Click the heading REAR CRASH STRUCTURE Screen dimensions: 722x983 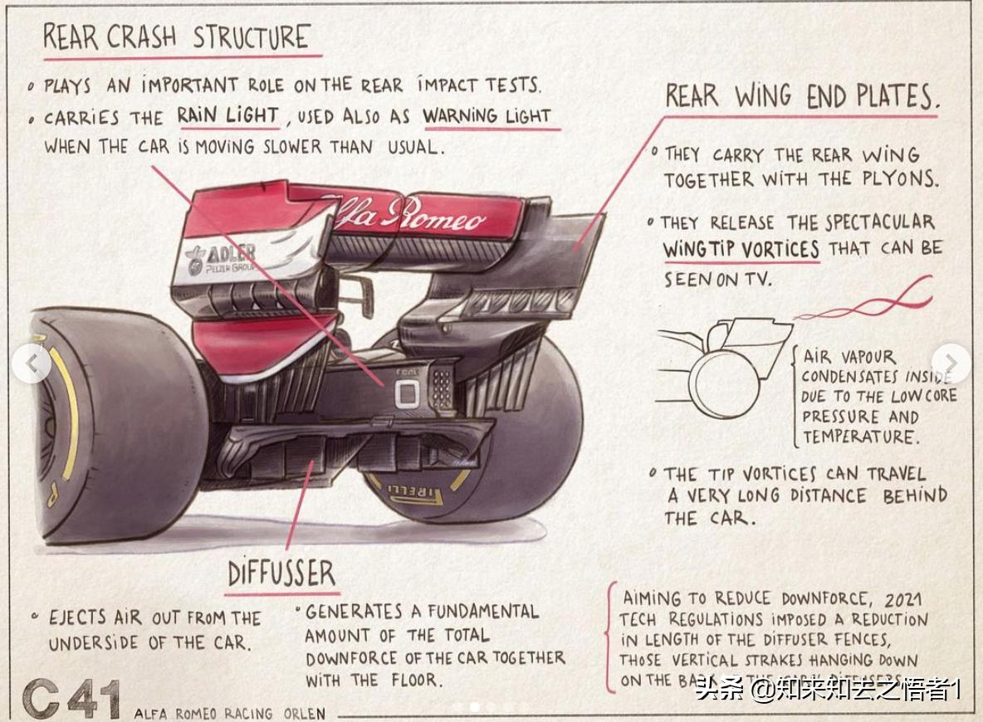176,37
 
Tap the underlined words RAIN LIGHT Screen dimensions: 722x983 227,115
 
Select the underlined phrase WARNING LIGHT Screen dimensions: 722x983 487,116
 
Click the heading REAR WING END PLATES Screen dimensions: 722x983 801,96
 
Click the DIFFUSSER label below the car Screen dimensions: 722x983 281,573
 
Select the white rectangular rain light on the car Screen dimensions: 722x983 407,393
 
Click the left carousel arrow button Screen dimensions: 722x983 32,363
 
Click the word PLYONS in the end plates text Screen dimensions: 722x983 901,179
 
